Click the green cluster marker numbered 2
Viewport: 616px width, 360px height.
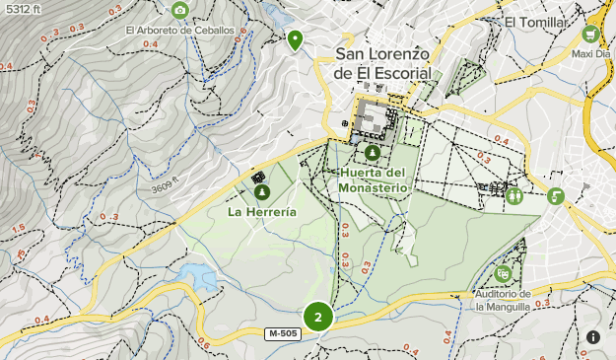point(317,317)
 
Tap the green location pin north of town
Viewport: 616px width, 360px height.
point(294,39)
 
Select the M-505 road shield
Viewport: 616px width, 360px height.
point(284,335)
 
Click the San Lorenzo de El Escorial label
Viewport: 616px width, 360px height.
point(382,64)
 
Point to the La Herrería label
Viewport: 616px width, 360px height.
point(261,211)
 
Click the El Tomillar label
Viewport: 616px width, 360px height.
point(536,23)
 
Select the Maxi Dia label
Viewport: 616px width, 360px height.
point(591,54)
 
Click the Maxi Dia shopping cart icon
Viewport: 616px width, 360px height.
point(592,33)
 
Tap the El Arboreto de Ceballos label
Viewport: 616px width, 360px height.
point(179,30)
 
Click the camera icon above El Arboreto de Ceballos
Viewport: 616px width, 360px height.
point(179,11)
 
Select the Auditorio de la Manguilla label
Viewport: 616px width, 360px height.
point(503,300)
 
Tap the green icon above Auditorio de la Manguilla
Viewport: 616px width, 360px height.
point(503,273)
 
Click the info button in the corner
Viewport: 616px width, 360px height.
point(593,337)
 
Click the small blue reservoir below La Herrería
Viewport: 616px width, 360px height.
point(197,277)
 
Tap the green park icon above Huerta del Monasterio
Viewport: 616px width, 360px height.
point(372,154)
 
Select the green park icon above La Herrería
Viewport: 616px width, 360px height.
point(262,192)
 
